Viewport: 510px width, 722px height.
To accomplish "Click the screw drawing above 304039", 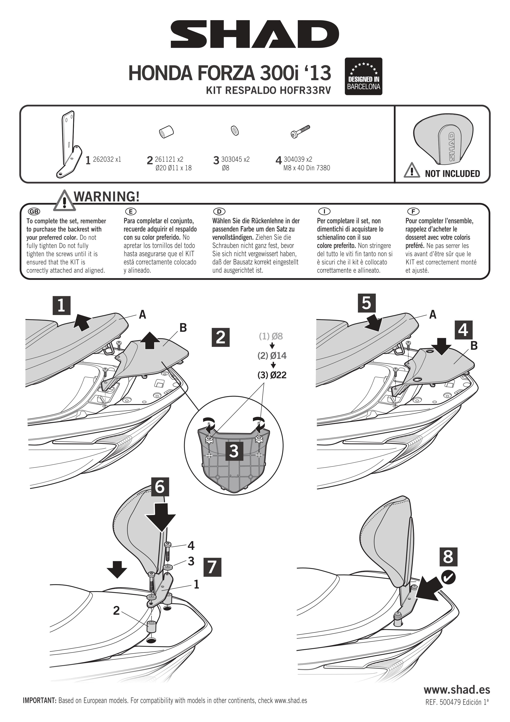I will pos(300,131).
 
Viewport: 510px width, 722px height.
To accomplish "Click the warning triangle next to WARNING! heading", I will pos(64,200).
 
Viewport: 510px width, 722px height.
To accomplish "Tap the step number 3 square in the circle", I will pos(234,451).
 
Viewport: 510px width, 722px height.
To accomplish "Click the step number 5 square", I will pos(366,303).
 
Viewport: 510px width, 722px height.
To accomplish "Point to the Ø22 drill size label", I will pos(272,375).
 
